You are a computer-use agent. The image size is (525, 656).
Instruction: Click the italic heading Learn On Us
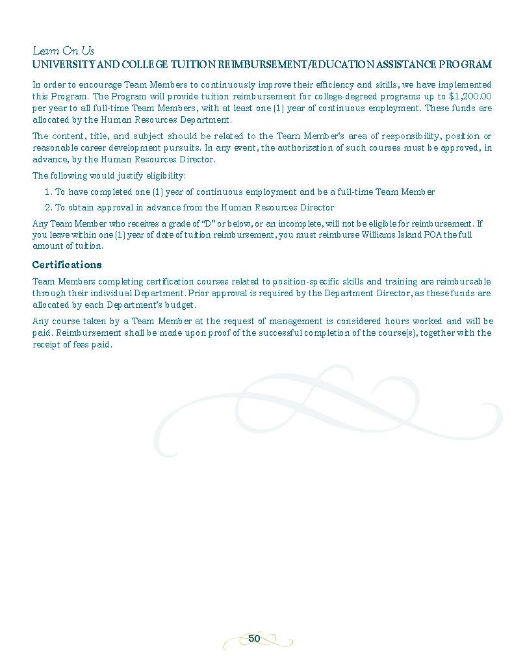63,51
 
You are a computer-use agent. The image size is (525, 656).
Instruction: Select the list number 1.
47,192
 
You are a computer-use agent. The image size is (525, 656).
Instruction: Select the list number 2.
47,208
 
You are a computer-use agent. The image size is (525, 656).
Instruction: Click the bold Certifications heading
67,265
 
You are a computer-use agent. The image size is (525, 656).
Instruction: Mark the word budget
179,305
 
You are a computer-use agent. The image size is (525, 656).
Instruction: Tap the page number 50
254,639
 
